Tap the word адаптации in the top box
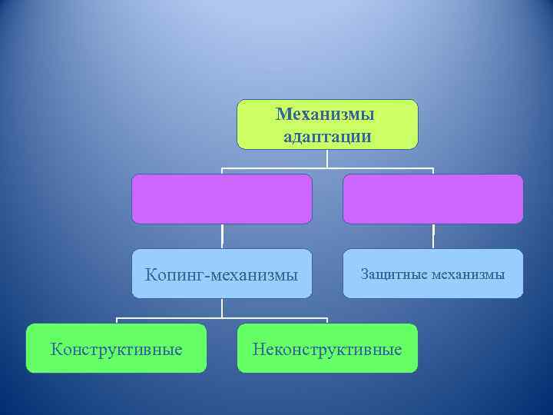coord(327,136)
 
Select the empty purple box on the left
coord(222,198)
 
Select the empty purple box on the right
coord(432,198)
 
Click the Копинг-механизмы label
coord(222,274)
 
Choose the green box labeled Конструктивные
coord(116,349)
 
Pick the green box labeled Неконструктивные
coord(327,349)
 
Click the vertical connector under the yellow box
coord(327,158)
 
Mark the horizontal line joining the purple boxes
coord(327,168)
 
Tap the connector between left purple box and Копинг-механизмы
coord(222,236)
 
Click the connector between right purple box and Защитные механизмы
coord(433,236)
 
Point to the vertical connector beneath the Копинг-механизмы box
coord(222,307)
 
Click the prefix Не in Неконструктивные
coord(262,350)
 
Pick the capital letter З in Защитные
coord(364,273)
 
